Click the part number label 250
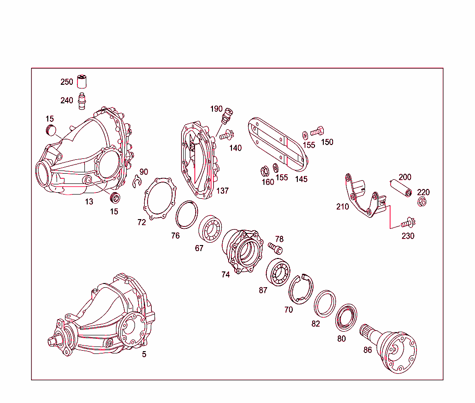(67, 82)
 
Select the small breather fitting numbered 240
(83, 100)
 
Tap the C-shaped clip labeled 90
(135, 183)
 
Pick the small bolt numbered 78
(274, 248)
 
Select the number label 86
(367, 350)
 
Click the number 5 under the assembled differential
(144, 354)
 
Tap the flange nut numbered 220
(422, 201)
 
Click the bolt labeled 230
(408, 223)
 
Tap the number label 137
(223, 191)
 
